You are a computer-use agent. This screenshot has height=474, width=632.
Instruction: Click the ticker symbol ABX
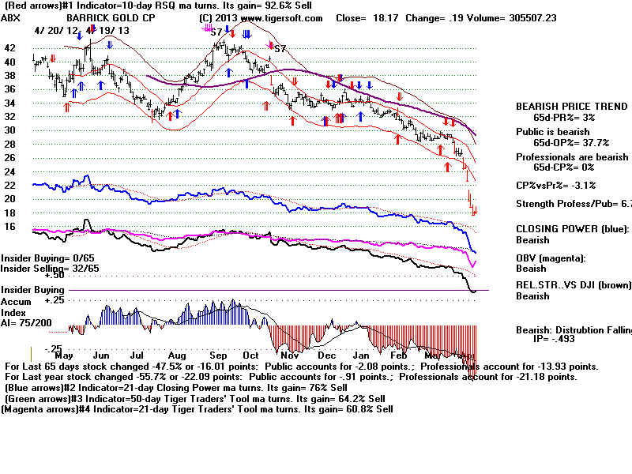tap(12, 17)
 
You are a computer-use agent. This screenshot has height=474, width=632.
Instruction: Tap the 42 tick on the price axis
tap(10, 47)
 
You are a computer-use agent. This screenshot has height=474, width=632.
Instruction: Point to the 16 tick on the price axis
tap(10, 226)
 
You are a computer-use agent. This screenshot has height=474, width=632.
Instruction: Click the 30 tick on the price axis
tap(10, 130)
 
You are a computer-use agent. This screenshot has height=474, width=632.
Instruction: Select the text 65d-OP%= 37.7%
tap(563, 143)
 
